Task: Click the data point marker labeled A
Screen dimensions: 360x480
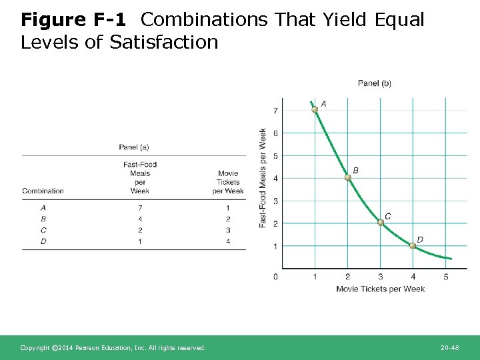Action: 315,109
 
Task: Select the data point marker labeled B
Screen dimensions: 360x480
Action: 347,177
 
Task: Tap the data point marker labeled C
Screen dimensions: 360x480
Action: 380,223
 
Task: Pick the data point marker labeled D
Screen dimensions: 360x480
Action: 413,245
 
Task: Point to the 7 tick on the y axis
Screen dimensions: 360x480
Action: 276,110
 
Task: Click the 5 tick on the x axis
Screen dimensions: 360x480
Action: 445,276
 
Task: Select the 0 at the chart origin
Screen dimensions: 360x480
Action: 276,276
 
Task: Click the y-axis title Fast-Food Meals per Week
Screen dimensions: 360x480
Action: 263,177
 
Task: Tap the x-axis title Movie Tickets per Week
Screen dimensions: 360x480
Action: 380,289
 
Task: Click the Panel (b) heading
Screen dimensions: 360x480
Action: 375,83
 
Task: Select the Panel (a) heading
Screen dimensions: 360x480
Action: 134,147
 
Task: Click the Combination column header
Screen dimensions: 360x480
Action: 43,191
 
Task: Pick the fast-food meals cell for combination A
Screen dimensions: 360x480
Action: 140,208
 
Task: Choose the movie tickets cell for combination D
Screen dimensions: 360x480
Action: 228,241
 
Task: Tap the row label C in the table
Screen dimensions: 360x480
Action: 43,230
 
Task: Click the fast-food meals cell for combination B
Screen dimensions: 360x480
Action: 140,219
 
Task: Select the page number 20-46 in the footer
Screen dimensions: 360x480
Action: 450,348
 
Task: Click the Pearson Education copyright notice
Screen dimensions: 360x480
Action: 113,348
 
